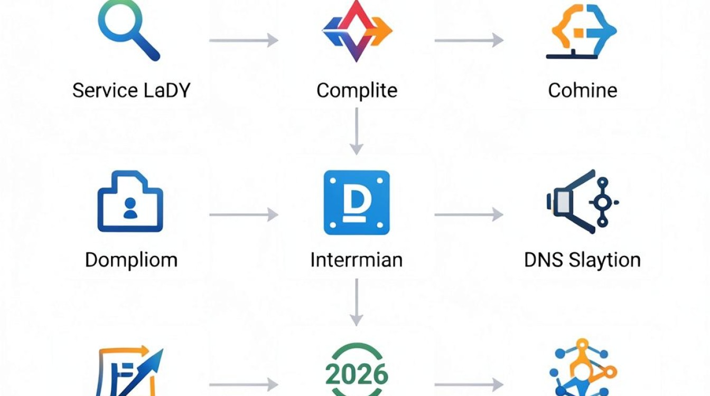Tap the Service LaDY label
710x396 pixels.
pos(131,91)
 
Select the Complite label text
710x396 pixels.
pos(357,91)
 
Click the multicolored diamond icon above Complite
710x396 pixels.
pos(357,31)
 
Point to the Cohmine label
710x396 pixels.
pos(583,91)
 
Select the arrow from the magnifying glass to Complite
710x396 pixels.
pos(244,40)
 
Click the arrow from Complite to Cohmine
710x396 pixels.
pos(469,40)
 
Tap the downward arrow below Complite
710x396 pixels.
pos(357,131)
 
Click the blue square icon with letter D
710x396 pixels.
pos(357,203)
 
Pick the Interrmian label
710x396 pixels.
pos(357,260)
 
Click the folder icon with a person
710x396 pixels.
pos(130,202)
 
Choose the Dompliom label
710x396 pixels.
pos(131,261)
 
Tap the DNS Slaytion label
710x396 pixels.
pos(583,261)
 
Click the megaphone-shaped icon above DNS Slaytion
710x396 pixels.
pos(583,202)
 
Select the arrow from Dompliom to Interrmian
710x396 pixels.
pos(244,214)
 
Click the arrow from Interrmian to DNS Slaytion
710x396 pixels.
pos(469,214)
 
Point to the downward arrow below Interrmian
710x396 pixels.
pos(357,302)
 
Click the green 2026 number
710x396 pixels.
pos(357,374)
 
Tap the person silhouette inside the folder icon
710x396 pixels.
pos(130,208)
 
